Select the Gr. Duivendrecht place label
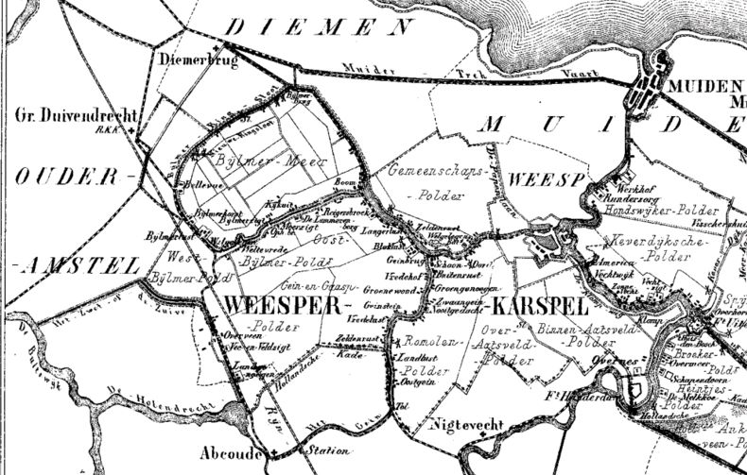click(x=76, y=116)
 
